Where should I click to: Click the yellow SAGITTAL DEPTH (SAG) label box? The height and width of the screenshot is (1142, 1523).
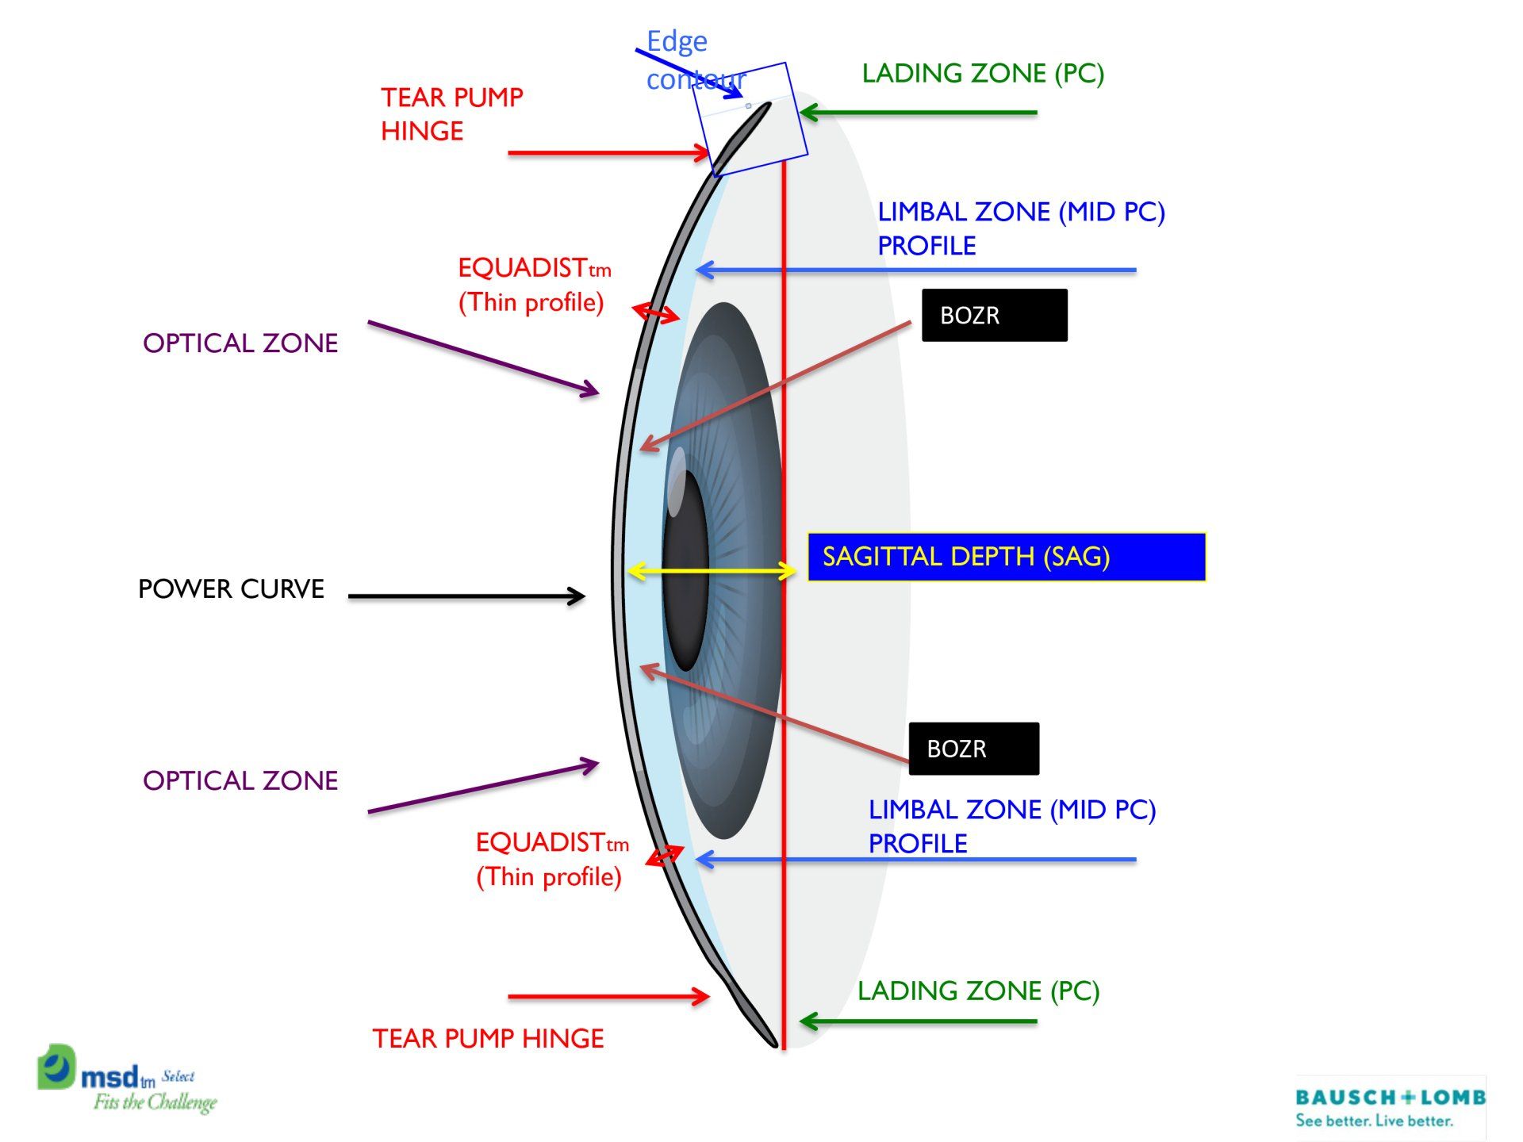(x=1006, y=557)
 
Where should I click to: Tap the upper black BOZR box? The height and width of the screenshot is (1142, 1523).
(x=994, y=316)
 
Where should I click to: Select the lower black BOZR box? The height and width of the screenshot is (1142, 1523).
(x=973, y=749)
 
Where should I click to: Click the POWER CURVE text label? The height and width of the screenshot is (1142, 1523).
(x=231, y=589)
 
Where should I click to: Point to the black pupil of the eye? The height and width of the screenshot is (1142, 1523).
(x=685, y=571)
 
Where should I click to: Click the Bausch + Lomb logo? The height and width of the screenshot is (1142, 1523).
(x=1390, y=1107)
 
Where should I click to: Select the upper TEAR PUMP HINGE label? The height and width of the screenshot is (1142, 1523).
(x=451, y=114)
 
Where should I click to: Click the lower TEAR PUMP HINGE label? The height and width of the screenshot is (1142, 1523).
(x=488, y=1039)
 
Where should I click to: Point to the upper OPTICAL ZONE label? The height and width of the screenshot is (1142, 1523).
(x=240, y=343)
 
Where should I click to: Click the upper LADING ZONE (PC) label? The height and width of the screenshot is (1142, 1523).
(x=983, y=74)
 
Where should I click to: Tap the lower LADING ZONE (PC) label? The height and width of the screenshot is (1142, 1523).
(x=978, y=991)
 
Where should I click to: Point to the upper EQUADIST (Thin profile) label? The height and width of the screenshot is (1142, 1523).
(x=533, y=285)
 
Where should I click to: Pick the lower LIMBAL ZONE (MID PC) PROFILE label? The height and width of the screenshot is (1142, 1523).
(x=1011, y=826)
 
